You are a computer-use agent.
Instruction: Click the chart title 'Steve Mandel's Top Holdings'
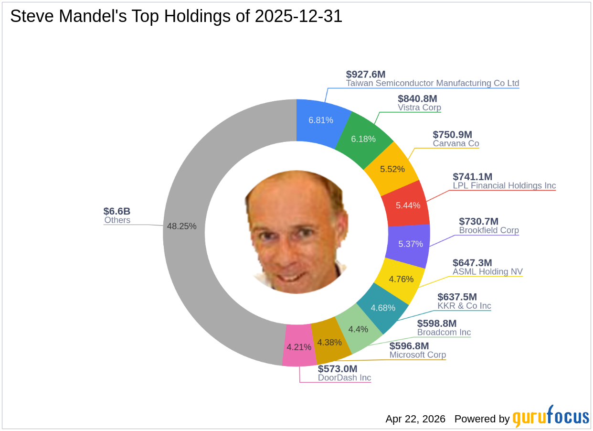(x=176, y=17)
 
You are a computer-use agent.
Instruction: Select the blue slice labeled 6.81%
(x=320, y=120)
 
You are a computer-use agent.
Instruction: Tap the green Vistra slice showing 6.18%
(x=363, y=139)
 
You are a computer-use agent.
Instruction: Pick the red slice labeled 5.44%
(x=408, y=205)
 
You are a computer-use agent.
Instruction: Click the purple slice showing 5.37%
(x=411, y=244)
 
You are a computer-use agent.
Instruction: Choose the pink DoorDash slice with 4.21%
(x=299, y=347)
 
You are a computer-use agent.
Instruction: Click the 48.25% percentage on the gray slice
(x=181, y=226)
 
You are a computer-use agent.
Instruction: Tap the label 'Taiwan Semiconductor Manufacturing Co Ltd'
(x=432, y=83)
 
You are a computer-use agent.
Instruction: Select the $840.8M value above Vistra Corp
(x=417, y=98)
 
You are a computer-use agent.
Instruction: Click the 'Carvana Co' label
(x=455, y=143)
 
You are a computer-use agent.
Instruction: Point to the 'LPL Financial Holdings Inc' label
(x=504, y=185)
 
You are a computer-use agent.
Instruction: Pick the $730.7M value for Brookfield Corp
(x=478, y=221)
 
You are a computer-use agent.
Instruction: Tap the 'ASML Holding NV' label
(x=487, y=271)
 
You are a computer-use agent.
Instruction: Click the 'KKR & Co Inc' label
(x=464, y=306)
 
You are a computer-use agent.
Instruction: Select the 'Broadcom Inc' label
(x=444, y=332)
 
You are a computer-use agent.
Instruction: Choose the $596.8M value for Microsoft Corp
(x=409, y=346)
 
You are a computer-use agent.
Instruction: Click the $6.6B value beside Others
(x=116, y=211)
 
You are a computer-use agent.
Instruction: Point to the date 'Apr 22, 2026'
(x=415, y=419)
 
